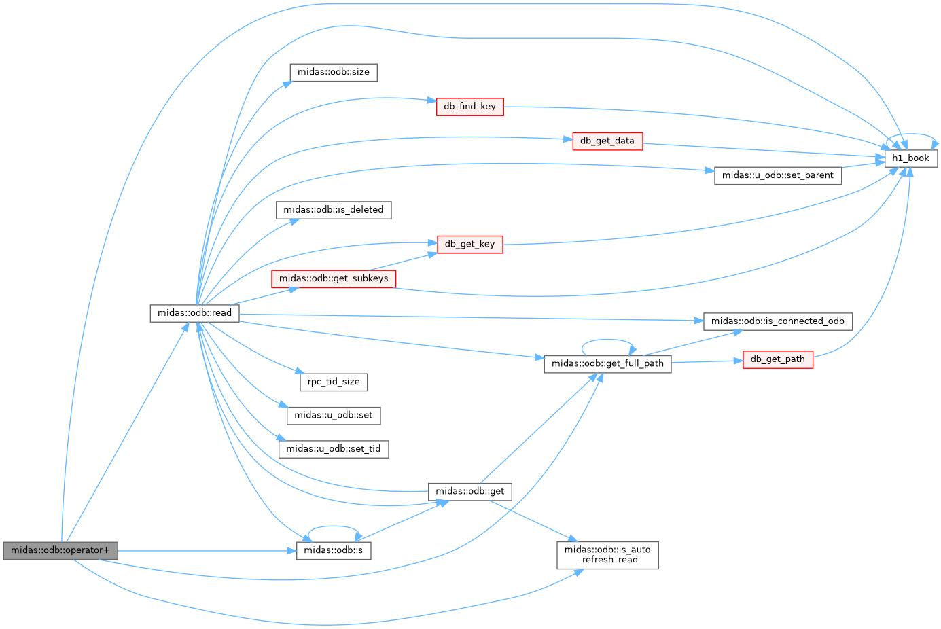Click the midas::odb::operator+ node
coord(60,550)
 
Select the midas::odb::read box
coord(194,313)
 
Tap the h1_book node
coord(910,158)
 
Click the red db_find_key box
coord(469,107)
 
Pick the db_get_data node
coord(607,141)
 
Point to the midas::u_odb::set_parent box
coord(777,175)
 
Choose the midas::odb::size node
coord(334,72)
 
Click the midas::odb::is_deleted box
coord(334,210)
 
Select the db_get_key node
coord(469,245)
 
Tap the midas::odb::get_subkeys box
coord(334,278)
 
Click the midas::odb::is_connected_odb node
coord(777,322)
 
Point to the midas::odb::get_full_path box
coord(607,364)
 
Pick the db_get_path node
coord(777,360)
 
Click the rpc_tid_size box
coord(334,382)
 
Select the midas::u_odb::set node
coord(334,416)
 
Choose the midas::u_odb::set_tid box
coord(334,449)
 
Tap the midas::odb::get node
coord(469,492)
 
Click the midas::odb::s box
coord(334,550)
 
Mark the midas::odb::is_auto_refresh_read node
coord(607,555)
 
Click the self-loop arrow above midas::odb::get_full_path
coord(607,340)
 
